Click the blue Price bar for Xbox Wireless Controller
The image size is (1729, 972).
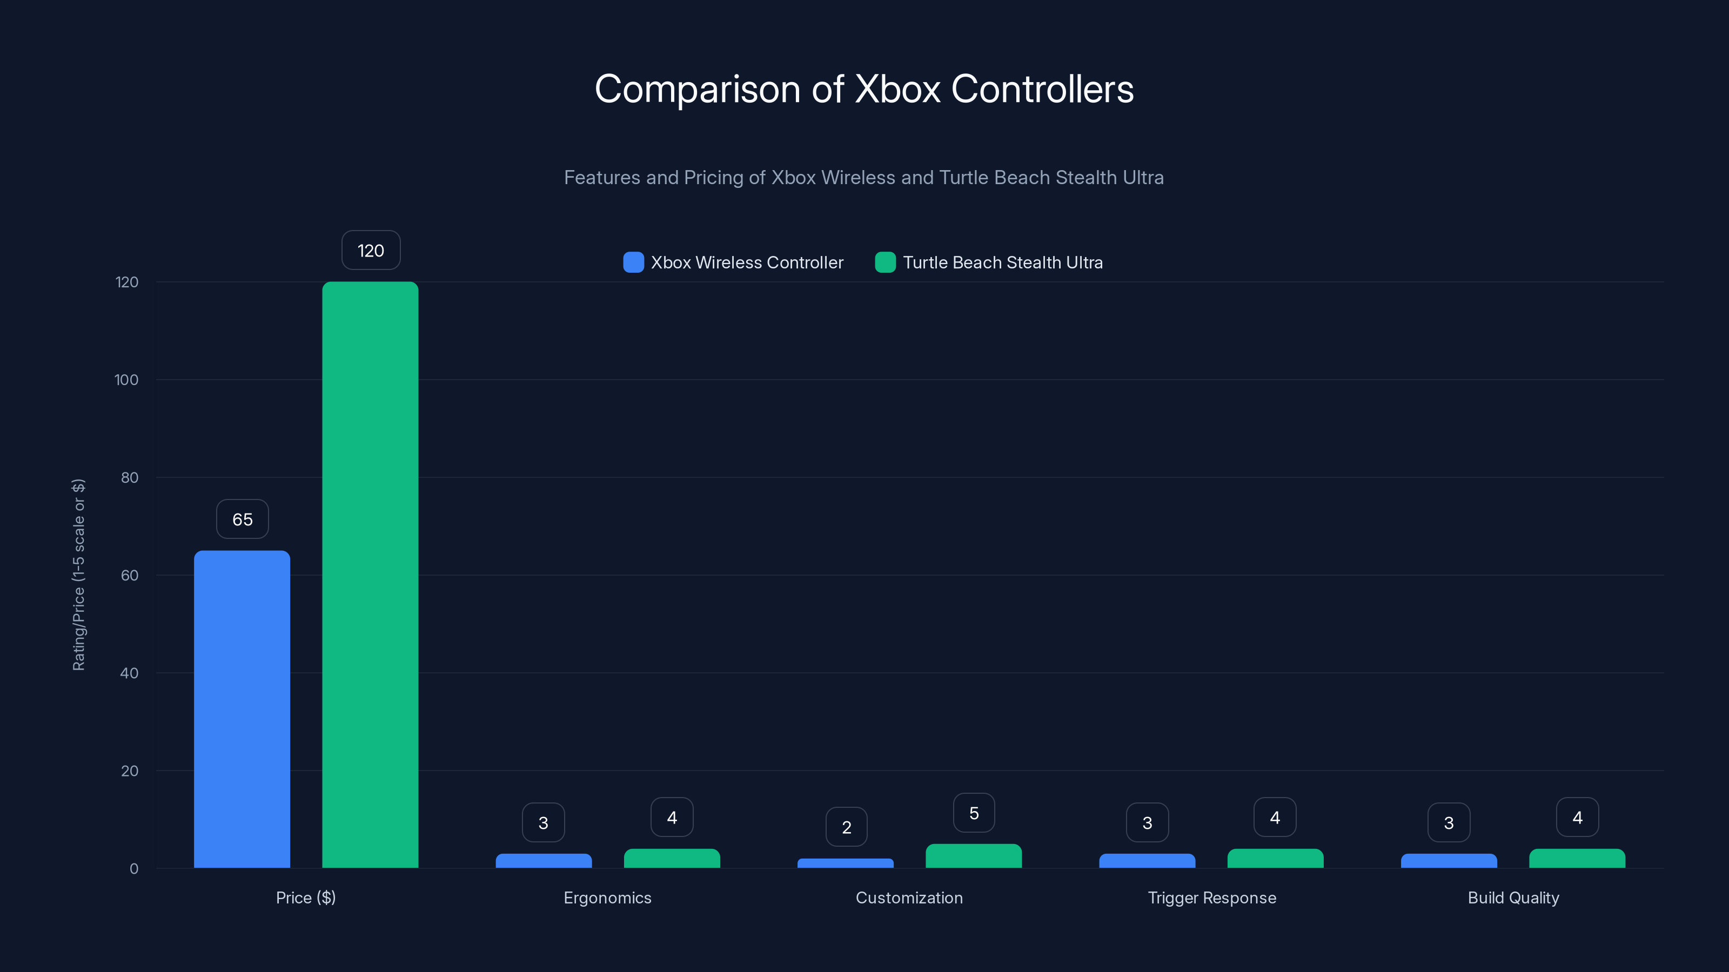point(242,709)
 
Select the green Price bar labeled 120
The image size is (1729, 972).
point(370,575)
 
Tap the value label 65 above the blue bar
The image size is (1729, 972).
point(242,519)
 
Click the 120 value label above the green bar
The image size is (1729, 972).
point(371,250)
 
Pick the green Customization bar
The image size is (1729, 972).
point(973,856)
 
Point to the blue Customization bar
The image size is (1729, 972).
point(845,863)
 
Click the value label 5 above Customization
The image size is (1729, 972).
point(974,813)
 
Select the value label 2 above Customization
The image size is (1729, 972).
point(846,827)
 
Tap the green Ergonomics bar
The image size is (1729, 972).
point(672,859)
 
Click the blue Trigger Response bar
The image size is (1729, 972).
point(1147,861)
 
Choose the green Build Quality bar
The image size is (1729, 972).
point(1577,859)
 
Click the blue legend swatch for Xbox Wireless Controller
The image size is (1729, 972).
point(633,262)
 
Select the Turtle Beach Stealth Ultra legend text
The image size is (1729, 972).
point(1002,262)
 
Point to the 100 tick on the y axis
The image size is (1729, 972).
point(126,380)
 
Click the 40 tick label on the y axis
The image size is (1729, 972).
point(129,673)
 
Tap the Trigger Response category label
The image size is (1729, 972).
point(1211,897)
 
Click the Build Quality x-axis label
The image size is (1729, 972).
point(1513,897)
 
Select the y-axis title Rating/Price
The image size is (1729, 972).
point(78,575)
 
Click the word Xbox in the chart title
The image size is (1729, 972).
point(898,89)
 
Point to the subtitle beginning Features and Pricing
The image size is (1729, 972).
point(864,177)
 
